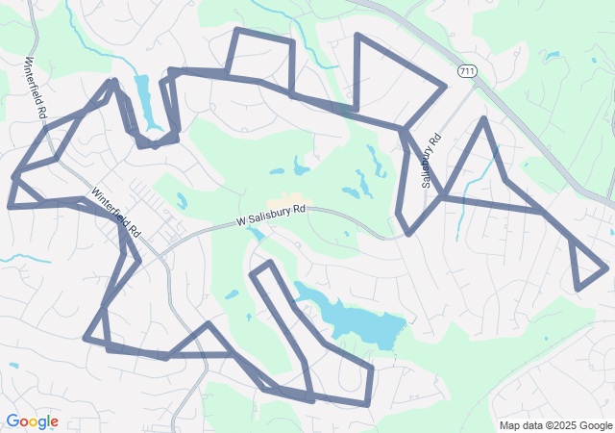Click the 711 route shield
467,72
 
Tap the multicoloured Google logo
32,421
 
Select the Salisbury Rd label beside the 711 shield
430,159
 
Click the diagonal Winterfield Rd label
116,213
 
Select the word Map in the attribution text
509,425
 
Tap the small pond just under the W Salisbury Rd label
256,233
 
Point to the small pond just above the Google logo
12,365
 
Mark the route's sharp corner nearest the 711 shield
445,87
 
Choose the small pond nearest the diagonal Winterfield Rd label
181,201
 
